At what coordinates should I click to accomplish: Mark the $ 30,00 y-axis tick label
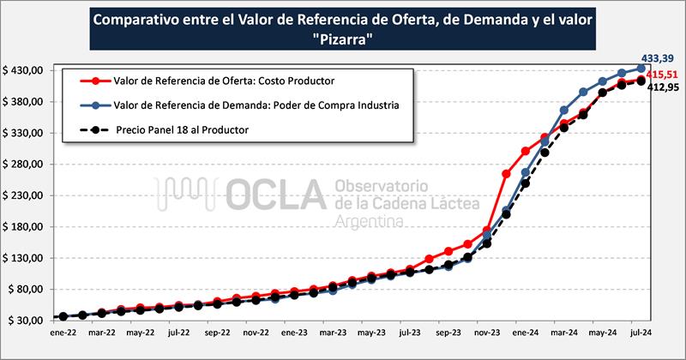coord(24,320)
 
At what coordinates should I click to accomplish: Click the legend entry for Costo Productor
coord(223,81)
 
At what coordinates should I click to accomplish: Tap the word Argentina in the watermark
coord(370,222)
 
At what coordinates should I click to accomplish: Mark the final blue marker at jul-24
coord(641,69)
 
